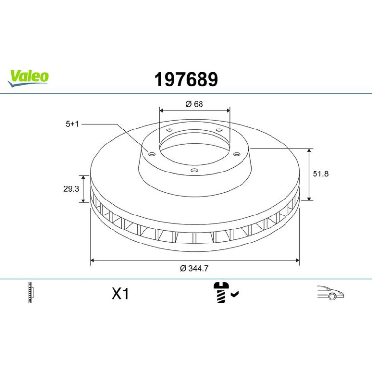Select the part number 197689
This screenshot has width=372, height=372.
pos(186,80)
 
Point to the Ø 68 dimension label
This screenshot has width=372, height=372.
pos(194,104)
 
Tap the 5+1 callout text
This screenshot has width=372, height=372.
pos(72,124)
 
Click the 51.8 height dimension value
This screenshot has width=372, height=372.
pos(320,174)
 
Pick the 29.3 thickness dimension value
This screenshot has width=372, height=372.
pos(71,189)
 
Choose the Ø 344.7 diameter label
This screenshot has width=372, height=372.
pos(194,268)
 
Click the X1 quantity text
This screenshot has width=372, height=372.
pos(120,294)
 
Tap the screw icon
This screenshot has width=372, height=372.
pos(221,292)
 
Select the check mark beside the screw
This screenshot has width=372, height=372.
pos(235,294)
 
